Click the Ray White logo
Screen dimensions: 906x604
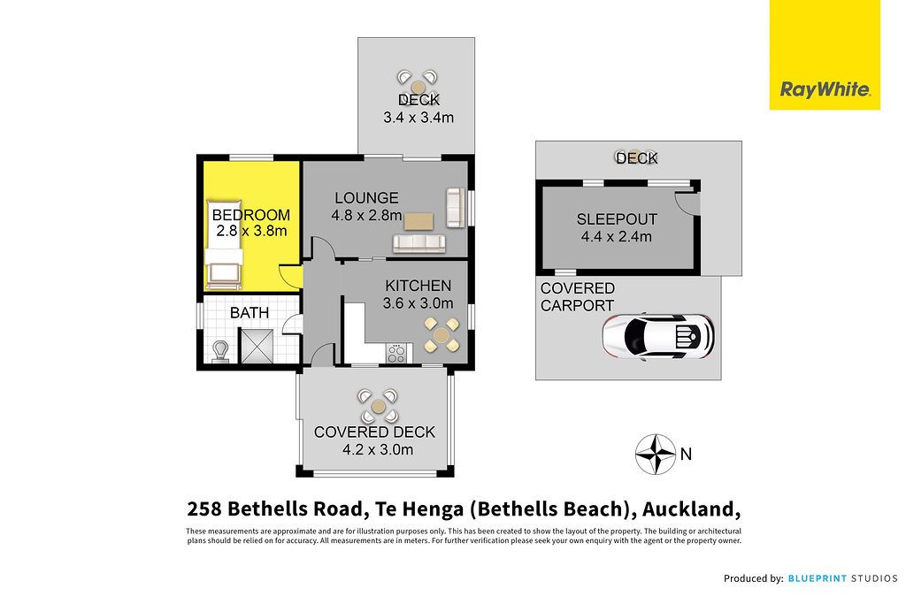click(x=825, y=55)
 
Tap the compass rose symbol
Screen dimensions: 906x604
click(x=656, y=454)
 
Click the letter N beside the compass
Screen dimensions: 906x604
click(x=686, y=454)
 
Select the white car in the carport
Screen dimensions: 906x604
click(x=658, y=336)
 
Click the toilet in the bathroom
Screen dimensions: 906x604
click(x=220, y=352)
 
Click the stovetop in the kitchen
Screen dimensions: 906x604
click(x=396, y=353)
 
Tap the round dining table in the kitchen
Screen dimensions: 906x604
click(x=441, y=335)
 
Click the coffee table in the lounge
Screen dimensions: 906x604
click(x=418, y=221)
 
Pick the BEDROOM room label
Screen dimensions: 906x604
click(x=250, y=215)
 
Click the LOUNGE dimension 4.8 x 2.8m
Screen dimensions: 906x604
click(x=366, y=216)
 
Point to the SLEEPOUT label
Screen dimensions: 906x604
click(x=617, y=219)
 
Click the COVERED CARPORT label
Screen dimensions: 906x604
click(x=577, y=297)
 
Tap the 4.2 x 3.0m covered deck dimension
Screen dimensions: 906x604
click(x=378, y=449)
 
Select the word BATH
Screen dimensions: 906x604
click(x=249, y=313)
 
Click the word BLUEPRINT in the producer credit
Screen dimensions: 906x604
click(x=817, y=578)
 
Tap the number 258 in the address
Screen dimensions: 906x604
click(x=204, y=508)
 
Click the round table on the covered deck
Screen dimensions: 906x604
click(x=379, y=407)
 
